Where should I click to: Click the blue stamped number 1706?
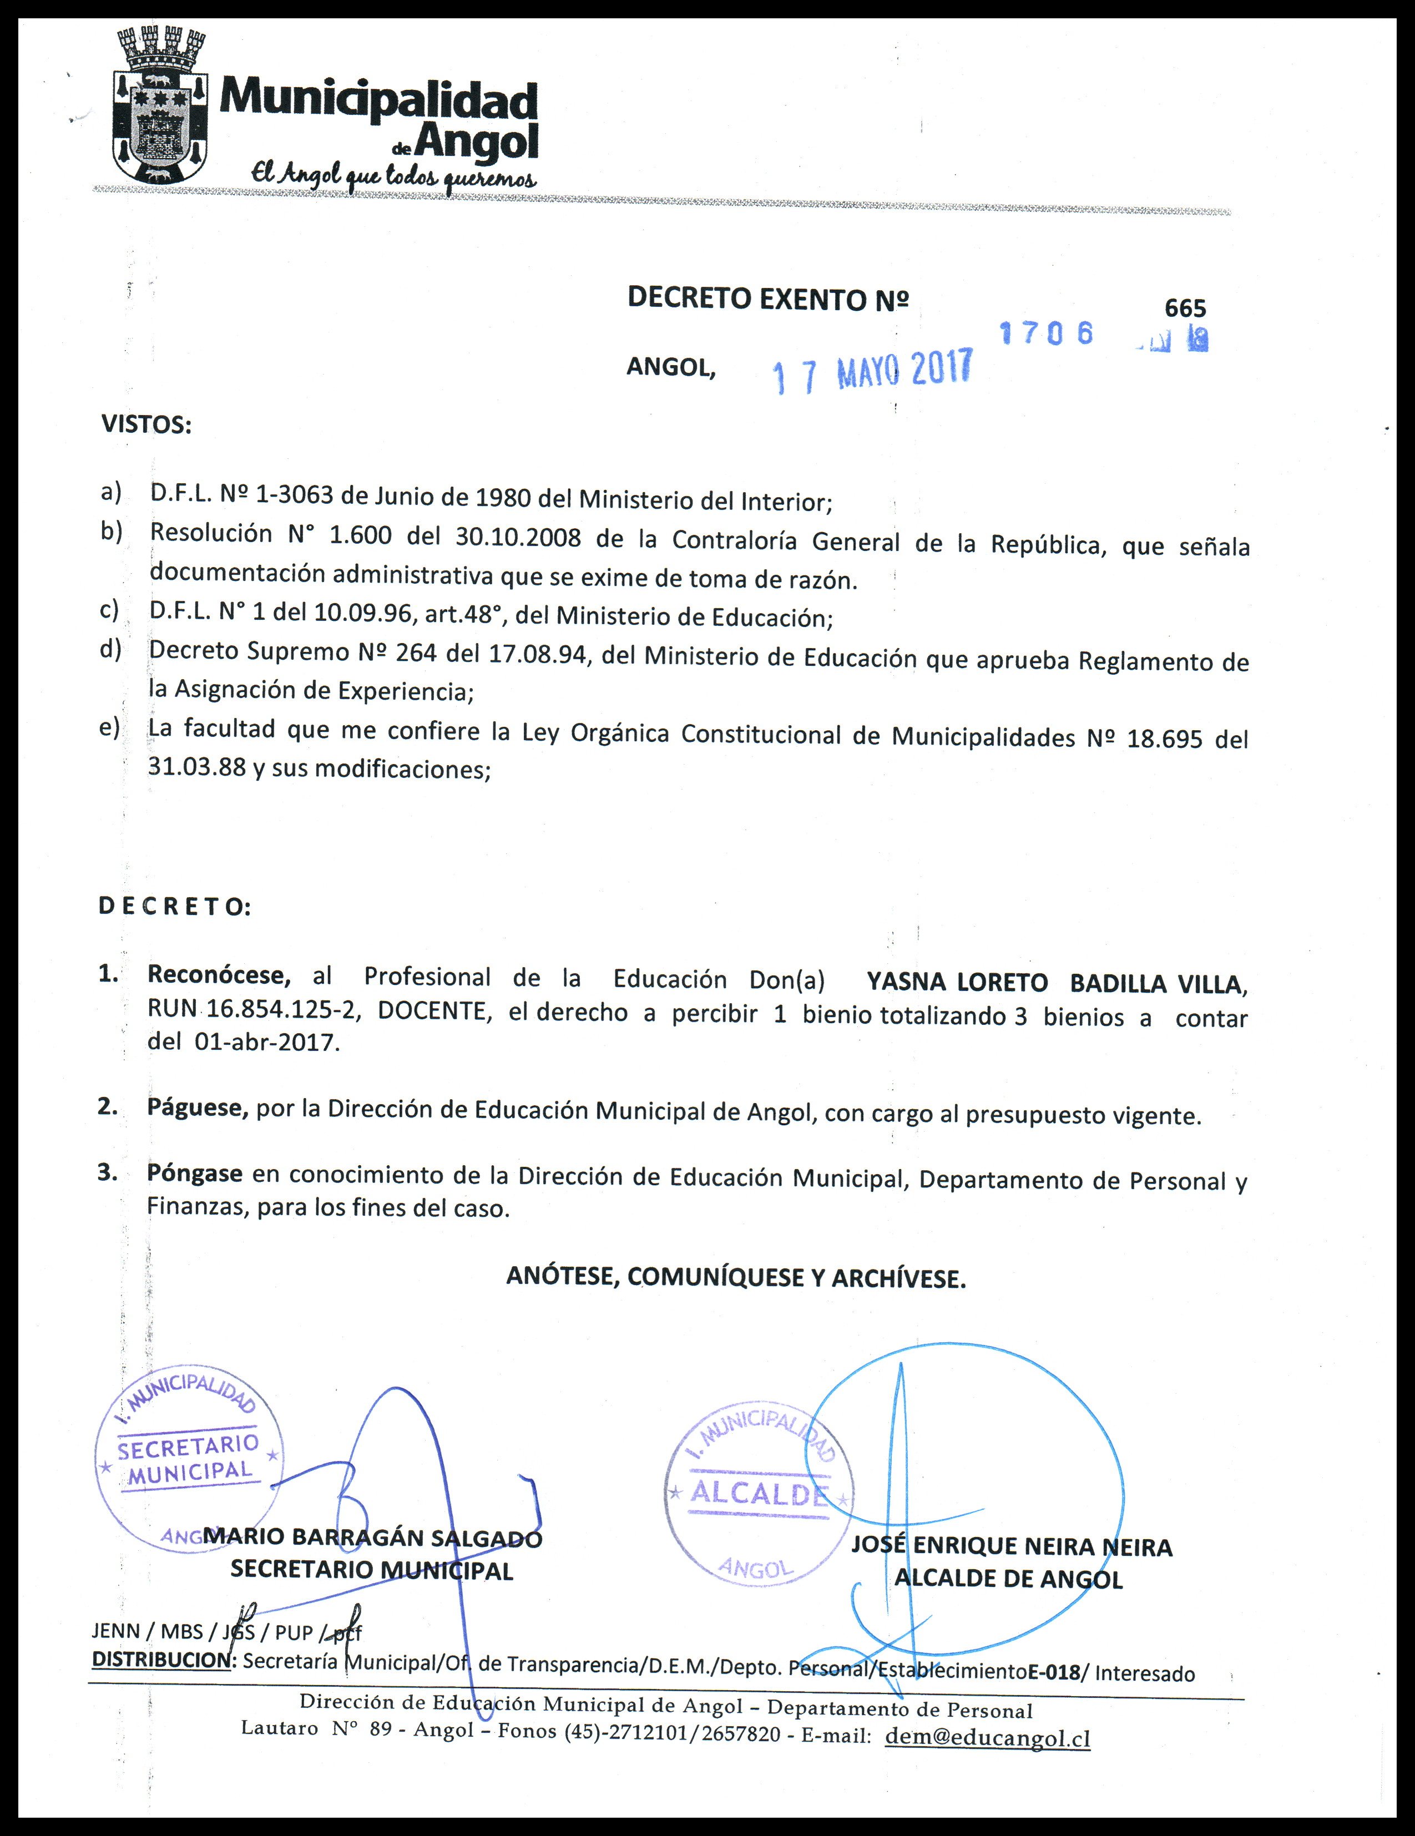click(1047, 333)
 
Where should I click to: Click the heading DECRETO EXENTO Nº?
click(767, 299)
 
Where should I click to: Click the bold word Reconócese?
click(219, 975)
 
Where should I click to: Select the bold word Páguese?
click(198, 1108)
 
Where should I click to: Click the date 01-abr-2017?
click(266, 1043)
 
